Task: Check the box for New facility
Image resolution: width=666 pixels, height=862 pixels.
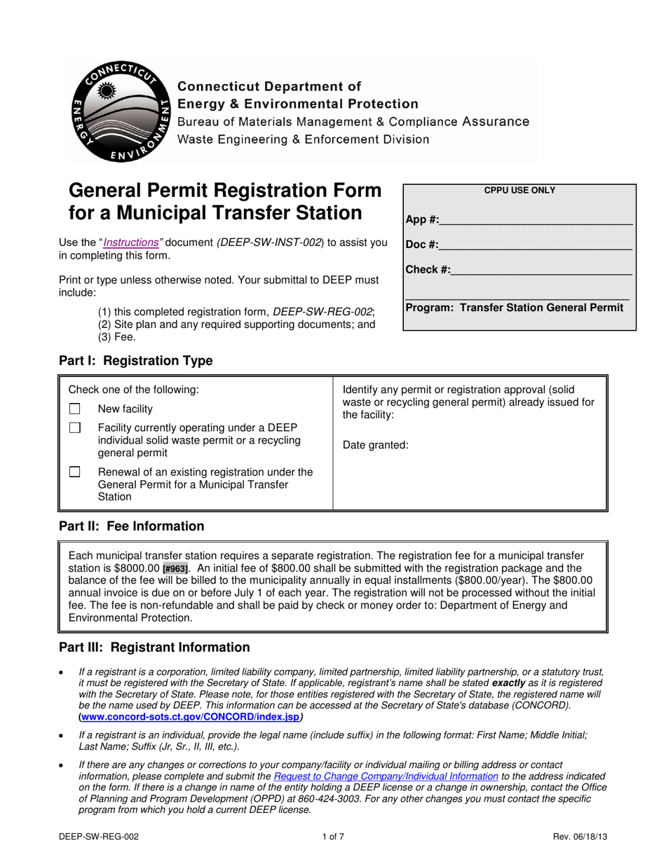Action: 75,409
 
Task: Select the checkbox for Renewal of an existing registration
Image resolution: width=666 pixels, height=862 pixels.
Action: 75,472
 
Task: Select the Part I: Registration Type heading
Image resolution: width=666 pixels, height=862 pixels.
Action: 135,361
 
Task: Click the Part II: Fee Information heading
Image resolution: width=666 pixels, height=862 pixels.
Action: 131,526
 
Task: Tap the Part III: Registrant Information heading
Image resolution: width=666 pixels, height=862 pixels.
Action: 154,648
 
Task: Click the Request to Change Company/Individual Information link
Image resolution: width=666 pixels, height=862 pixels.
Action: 386,777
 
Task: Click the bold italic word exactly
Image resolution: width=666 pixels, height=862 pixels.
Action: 510,682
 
